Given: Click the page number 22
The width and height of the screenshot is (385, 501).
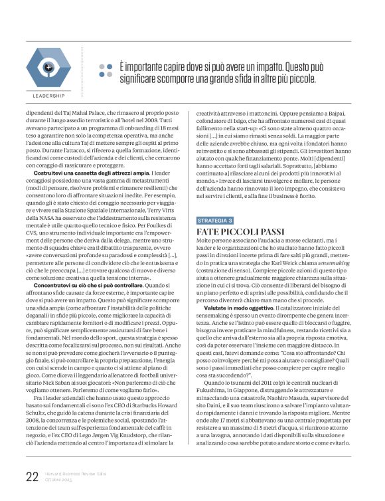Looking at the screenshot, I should point(31,476).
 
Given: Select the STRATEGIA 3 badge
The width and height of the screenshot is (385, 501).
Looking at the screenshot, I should point(215,219).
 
